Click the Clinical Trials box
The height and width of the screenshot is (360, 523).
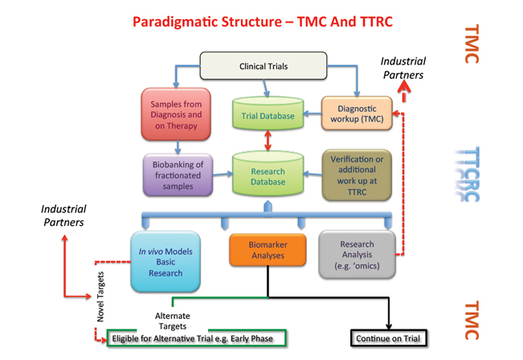(263, 66)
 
